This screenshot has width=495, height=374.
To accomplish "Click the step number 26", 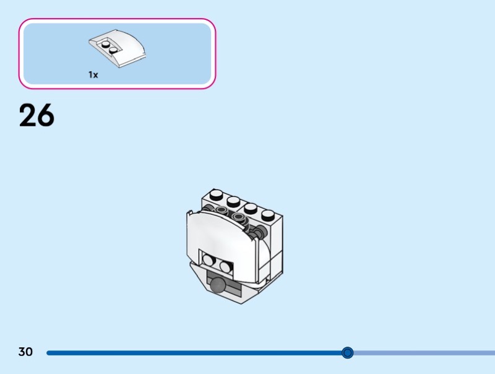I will click(x=37, y=116).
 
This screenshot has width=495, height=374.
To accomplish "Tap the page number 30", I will click(x=25, y=352).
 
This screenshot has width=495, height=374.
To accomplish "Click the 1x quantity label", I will click(x=93, y=74).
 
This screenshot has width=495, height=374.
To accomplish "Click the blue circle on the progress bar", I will click(x=348, y=353).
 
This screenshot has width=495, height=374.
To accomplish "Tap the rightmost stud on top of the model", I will click(x=268, y=215).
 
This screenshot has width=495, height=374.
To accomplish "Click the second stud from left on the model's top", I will click(x=233, y=201).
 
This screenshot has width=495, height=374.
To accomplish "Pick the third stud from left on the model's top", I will click(x=251, y=208).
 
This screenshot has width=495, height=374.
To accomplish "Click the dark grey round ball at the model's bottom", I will click(x=218, y=285).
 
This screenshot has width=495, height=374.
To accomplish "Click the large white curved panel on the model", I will click(x=223, y=232).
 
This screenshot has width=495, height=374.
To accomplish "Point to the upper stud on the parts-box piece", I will click(x=106, y=44).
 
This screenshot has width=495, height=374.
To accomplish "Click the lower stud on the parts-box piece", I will click(x=114, y=50).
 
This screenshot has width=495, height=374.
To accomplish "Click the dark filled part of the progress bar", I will click(x=186, y=353).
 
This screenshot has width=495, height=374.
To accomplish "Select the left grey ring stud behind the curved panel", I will click(x=221, y=211).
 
